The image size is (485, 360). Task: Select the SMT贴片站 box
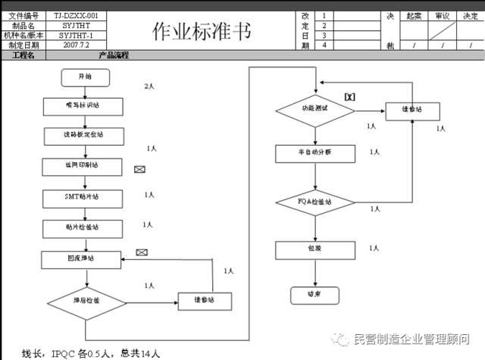82,196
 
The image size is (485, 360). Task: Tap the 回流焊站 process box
80,258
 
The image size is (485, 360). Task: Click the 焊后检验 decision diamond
87,301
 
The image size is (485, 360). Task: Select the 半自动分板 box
314,153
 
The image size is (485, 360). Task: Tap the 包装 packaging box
314,249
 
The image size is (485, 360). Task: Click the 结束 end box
314,295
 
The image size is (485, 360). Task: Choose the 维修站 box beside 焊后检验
205,301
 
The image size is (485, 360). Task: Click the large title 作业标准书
199,30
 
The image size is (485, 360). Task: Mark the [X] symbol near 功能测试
349,96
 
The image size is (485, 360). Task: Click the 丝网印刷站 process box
82,164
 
